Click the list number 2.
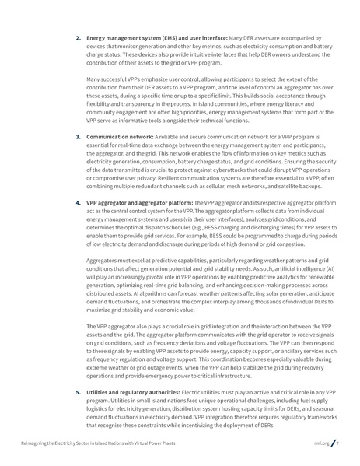click(x=79, y=37)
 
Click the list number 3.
click(x=79, y=135)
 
